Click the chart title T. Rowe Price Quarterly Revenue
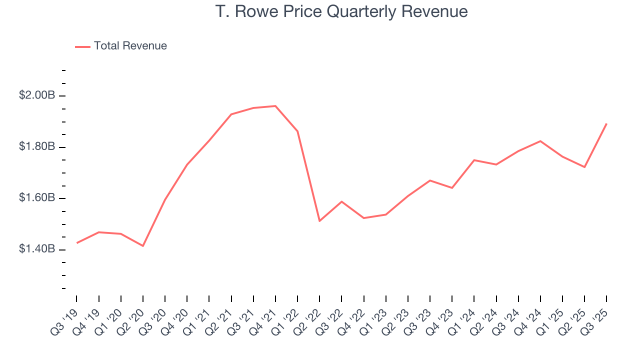pos(341,11)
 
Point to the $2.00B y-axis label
pos(37,95)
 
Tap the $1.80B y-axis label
pos(37,147)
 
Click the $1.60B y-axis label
pos(37,198)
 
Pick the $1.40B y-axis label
pos(37,249)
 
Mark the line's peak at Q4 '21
pos(275,106)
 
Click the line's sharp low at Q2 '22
pos(319,221)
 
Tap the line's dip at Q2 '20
pos(143,246)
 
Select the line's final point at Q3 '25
pos(606,123)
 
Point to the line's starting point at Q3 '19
pos(77,243)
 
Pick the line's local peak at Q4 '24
pos(540,141)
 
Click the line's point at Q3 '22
pos(341,201)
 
